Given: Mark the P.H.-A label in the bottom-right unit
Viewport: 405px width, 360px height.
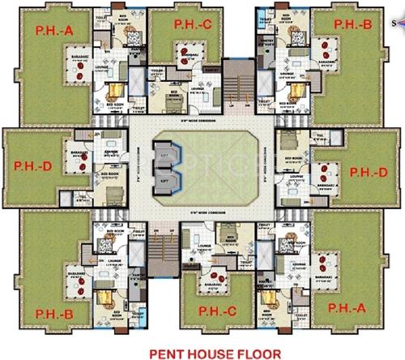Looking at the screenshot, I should tap(351, 307).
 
